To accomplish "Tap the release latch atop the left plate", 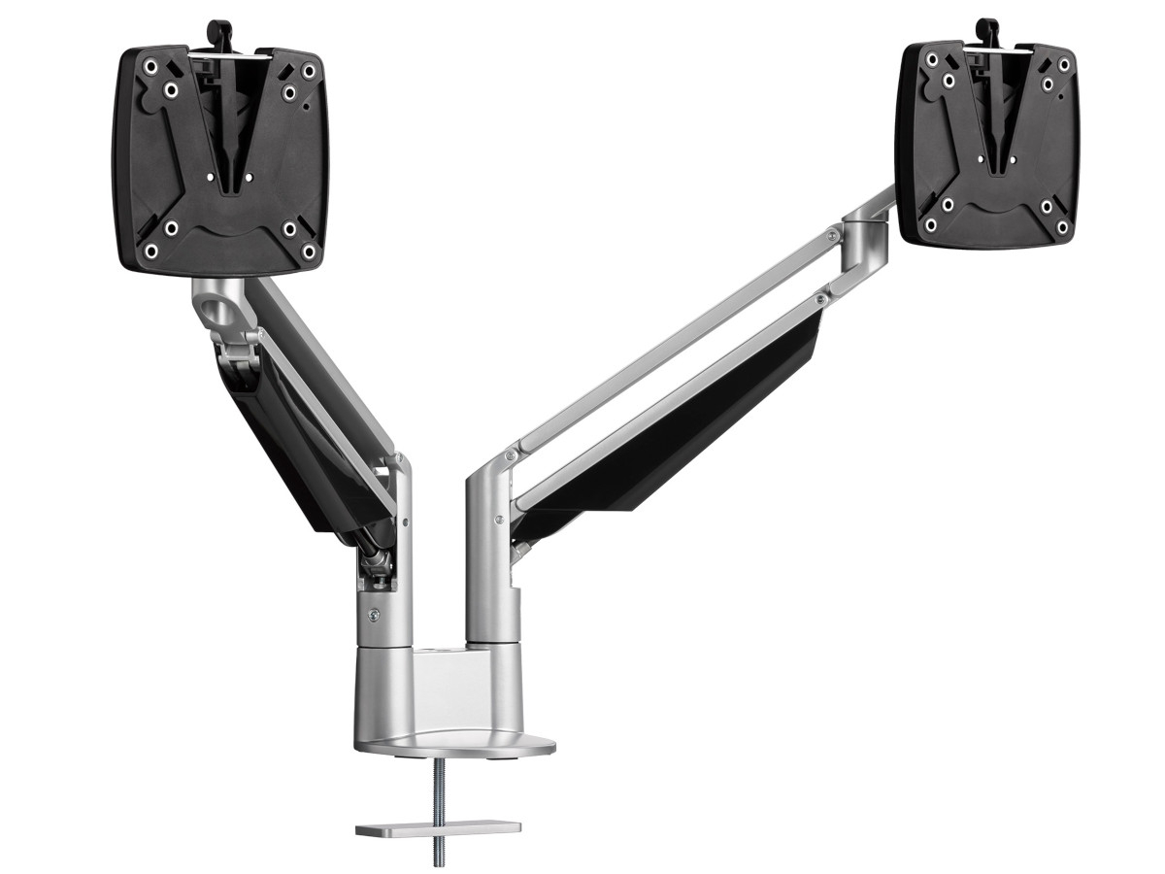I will pyautogui.click(x=220, y=35).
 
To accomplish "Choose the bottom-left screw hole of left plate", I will pyautogui.click(x=151, y=250).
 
